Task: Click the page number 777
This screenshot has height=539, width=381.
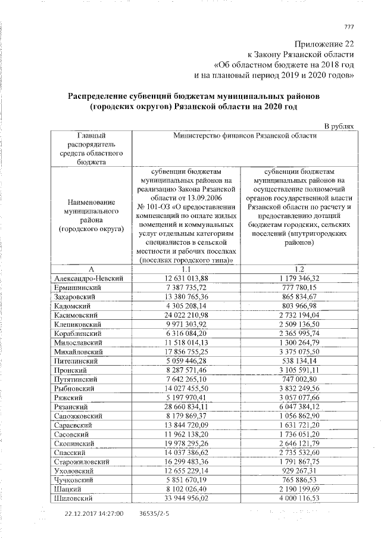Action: (349, 26)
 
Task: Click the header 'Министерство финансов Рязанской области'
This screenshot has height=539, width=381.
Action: (245, 136)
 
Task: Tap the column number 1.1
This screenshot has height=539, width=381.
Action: (186, 269)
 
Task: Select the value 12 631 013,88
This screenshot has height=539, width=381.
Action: (186, 278)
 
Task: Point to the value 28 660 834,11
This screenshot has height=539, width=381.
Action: (186, 406)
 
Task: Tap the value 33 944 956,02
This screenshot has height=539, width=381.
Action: (186, 498)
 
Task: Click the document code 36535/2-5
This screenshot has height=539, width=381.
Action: (154, 513)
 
